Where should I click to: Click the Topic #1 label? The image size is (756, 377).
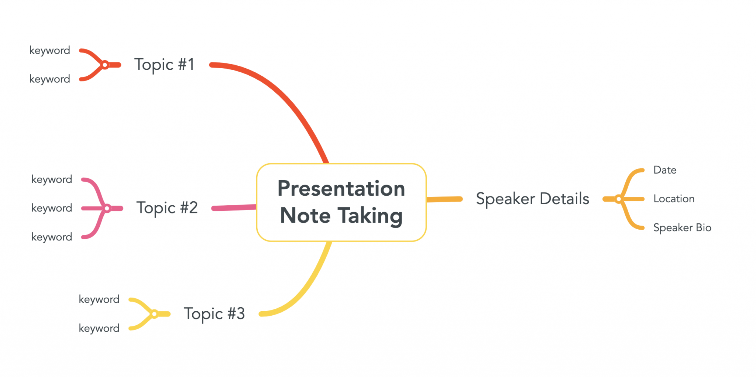tap(164, 65)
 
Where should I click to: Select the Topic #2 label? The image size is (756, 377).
tap(167, 208)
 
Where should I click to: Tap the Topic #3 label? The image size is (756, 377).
tap(214, 314)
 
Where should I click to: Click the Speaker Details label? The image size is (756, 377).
tap(532, 199)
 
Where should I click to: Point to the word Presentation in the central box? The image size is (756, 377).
tap(341, 188)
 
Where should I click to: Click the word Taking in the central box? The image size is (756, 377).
tap(370, 216)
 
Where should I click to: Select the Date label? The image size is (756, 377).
tap(664, 170)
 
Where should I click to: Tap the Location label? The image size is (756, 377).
tap(674, 199)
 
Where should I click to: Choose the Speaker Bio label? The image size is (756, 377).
tap(682, 227)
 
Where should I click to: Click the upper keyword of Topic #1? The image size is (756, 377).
tap(49, 51)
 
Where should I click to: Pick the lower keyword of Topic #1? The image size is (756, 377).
tap(49, 79)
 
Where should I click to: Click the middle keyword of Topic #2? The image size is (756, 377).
tap(52, 208)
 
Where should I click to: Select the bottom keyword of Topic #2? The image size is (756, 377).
tap(52, 237)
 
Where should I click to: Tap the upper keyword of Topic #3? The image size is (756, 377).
tap(99, 299)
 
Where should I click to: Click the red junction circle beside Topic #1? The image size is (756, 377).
tap(105, 65)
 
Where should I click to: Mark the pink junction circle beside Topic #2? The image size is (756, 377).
tap(107, 209)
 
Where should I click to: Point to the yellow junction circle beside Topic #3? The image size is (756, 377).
tap(154, 314)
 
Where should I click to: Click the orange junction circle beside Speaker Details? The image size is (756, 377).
tap(619, 199)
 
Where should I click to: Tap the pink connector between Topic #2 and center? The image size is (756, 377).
tap(234, 208)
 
